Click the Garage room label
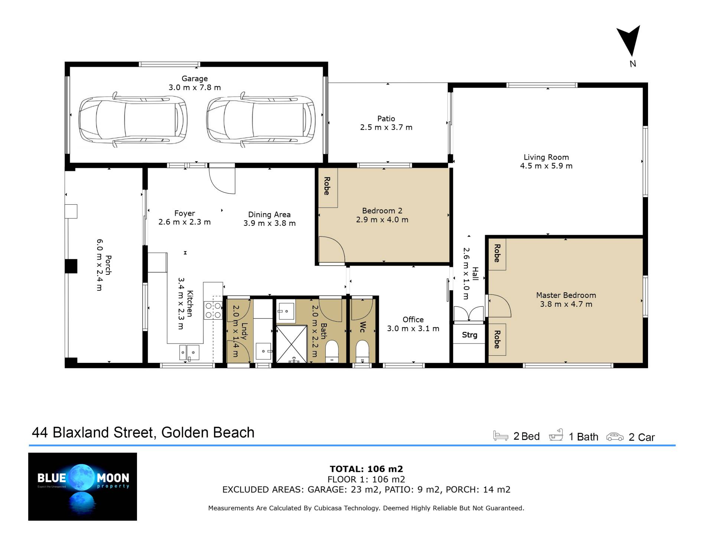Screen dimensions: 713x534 coord(195,79)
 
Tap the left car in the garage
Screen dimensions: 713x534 coord(133,120)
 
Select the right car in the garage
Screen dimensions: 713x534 coord(261,120)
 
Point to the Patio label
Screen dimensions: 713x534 coord(386,119)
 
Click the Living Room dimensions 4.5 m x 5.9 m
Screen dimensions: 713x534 coord(546,166)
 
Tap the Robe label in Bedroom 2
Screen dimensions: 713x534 coord(327,186)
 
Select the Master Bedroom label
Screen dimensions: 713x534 coord(566,295)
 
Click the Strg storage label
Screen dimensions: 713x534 coord(469,335)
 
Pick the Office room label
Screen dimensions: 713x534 coord(413,320)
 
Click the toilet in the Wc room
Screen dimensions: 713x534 coord(362,351)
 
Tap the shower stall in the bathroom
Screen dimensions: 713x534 coord(292,344)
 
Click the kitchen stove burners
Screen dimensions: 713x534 coord(213,310)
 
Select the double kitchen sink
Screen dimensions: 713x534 coord(189,352)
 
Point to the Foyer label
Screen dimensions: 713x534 coord(185,214)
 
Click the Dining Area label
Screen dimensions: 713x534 coord(269,215)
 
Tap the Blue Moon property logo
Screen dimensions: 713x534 coord(82,486)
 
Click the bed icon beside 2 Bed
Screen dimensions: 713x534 coord(501,436)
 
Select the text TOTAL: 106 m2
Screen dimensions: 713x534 coord(367,469)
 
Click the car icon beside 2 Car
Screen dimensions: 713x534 coord(615,437)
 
